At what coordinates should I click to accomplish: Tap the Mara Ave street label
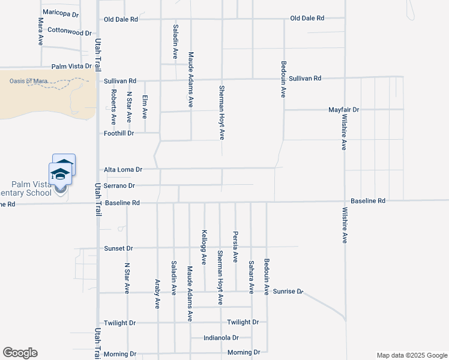point(41,31)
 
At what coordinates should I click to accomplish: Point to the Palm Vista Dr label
point(71,67)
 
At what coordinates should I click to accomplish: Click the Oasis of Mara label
point(29,81)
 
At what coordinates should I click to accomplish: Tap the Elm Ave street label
point(145,106)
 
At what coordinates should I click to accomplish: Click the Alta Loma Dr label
point(122,170)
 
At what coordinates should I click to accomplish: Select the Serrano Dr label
point(119,186)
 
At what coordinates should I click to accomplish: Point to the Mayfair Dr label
point(343,110)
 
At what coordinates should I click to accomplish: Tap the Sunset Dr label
point(118,248)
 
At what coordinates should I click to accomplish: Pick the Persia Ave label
point(235,247)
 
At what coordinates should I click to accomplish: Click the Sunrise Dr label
point(288,292)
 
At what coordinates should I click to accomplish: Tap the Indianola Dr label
point(221,338)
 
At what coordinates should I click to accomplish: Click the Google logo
point(20,353)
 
